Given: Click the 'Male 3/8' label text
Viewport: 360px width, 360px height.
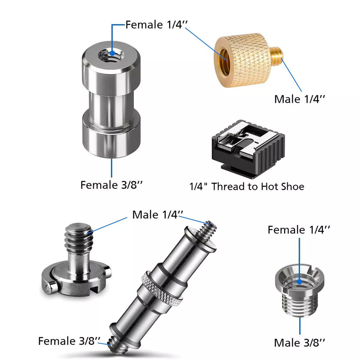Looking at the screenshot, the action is [x=300, y=343].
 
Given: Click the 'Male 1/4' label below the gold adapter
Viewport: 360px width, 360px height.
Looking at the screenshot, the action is [x=300, y=99].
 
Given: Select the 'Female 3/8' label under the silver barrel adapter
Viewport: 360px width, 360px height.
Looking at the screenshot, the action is [x=112, y=185].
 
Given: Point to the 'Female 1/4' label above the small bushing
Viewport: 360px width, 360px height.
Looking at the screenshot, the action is [x=299, y=230].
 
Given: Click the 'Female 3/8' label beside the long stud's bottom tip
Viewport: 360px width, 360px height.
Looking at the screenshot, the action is [x=69, y=341].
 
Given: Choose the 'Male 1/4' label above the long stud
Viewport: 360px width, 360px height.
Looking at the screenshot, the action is [x=158, y=215].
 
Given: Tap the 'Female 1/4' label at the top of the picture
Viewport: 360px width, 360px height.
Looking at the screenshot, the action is [x=157, y=24].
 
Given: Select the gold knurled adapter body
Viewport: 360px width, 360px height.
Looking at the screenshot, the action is [x=243, y=60].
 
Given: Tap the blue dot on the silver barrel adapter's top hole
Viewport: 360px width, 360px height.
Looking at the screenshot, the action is [x=112, y=53].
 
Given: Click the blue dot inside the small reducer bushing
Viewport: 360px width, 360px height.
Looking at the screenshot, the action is [x=299, y=282].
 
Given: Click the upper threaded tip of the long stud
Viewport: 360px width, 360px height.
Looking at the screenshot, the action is [x=207, y=230].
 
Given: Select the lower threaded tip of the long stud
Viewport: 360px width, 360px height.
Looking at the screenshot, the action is [x=115, y=345].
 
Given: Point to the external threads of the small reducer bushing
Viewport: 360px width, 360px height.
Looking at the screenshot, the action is [x=300, y=304].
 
